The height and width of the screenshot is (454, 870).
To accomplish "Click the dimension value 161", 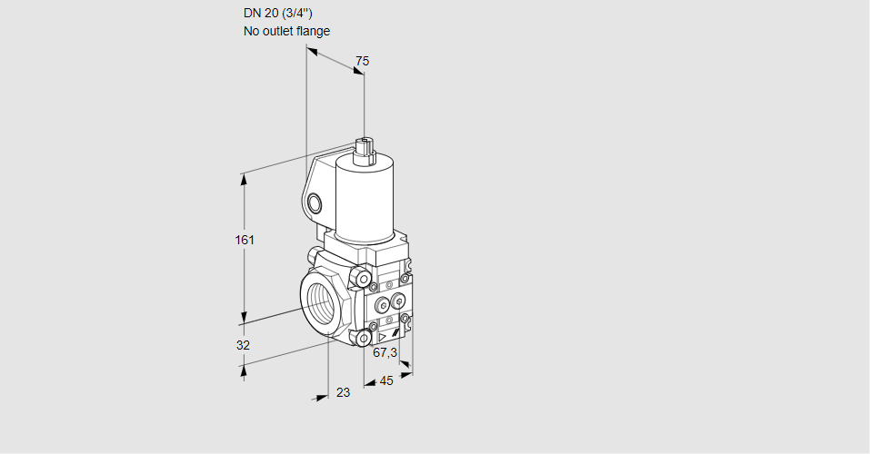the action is point(245,240).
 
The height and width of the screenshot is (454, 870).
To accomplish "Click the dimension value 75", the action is point(362,61).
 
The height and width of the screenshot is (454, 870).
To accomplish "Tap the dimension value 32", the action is point(243,345).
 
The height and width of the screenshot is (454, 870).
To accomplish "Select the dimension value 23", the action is point(344,392).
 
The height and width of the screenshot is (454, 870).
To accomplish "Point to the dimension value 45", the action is point(386,380).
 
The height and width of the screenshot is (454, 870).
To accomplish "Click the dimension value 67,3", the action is point(385,352).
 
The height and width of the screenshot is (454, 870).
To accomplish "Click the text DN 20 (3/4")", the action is point(278,14).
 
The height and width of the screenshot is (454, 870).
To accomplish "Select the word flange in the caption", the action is point(313,31).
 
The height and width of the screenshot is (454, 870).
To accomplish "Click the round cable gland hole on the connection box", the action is point(314,204).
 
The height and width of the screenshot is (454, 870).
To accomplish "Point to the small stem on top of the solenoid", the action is point(365,150).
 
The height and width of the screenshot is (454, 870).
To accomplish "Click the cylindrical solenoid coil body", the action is point(365,200).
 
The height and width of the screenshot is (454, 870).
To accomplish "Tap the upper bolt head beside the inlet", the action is point(362,277).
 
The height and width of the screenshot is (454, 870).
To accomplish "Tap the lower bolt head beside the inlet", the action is point(363,338).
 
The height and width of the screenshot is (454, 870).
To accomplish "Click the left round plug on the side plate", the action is point(383,304).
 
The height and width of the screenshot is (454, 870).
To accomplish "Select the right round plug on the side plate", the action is point(398,301).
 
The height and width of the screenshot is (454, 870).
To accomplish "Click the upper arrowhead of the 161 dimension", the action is point(243,180).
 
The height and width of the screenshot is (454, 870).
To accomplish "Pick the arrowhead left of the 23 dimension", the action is point(322,397).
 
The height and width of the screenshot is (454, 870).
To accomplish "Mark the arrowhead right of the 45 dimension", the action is point(406,375).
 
